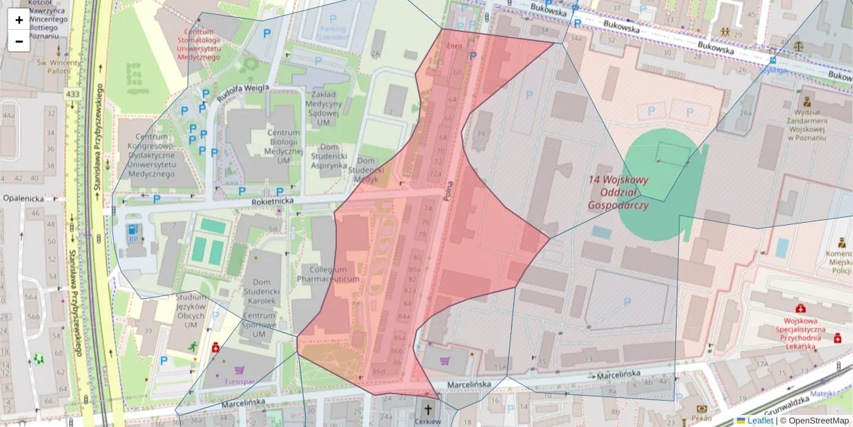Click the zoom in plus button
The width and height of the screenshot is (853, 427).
[x=19, y=20]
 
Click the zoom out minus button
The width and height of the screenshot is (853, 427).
[x=19, y=41]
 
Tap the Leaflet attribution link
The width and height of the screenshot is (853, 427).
[x=760, y=421]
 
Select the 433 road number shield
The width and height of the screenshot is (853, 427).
[x=73, y=94]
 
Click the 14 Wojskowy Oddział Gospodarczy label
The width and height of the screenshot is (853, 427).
[x=618, y=192]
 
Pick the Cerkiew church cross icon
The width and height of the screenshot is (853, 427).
[x=428, y=409]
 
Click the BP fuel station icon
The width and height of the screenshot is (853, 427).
[x=132, y=231]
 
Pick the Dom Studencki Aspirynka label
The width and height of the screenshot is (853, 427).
[x=329, y=160]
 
